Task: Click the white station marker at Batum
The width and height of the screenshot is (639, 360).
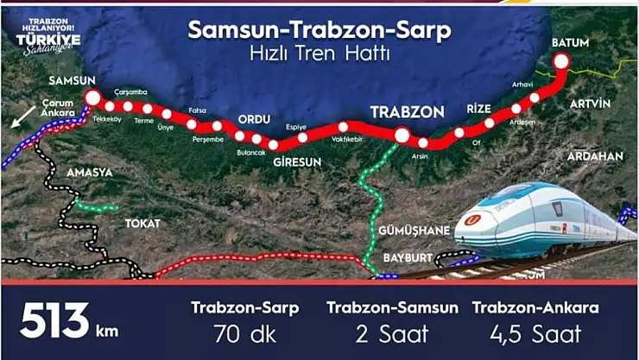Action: pyautogui.click(x=561, y=60)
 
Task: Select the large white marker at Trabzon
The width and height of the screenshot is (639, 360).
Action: pyautogui.click(x=402, y=135)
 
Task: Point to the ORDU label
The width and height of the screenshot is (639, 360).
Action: pyautogui.click(x=255, y=119)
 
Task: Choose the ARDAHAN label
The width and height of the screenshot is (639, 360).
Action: pyautogui.click(x=595, y=156)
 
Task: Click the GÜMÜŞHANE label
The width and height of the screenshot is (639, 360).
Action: pyautogui.click(x=414, y=231)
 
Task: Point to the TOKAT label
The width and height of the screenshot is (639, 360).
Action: pyautogui.click(x=142, y=223)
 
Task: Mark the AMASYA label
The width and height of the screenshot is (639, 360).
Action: pyautogui.click(x=90, y=172)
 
